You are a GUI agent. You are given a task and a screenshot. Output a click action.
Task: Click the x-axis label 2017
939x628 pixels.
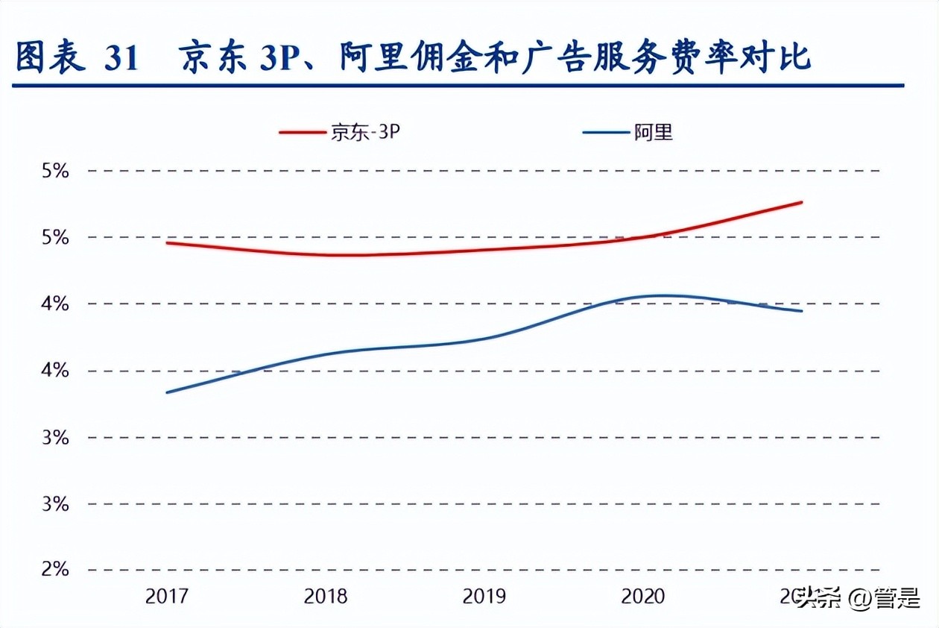coord(168,597)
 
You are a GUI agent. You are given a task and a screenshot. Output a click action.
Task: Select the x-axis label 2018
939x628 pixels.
coord(326,597)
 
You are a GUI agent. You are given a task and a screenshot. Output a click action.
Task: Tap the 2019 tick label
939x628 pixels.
coord(484,597)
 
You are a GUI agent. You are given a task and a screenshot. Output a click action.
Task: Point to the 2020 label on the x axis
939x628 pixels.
coord(642,597)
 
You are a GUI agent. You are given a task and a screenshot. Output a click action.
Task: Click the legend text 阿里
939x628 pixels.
coord(654,133)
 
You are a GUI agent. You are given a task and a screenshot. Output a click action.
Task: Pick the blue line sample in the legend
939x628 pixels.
coord(605,133)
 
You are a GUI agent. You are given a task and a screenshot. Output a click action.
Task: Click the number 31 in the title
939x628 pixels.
coord(121,59)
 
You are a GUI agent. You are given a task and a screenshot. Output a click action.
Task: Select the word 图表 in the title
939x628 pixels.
coord(49,58)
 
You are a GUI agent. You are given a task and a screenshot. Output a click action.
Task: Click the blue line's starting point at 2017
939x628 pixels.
coord(166,392)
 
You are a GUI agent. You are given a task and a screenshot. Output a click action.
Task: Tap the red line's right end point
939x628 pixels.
coord(802,202)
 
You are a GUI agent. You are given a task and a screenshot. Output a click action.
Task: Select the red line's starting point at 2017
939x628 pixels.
coord(166,242)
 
